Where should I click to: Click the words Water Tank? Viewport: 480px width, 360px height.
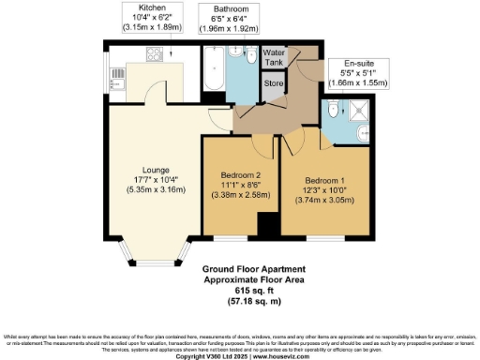click(x=274, y=57)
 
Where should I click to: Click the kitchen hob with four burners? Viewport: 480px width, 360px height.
click(x=151, y=57)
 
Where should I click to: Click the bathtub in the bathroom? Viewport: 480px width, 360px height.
click(x=214, y=72)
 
